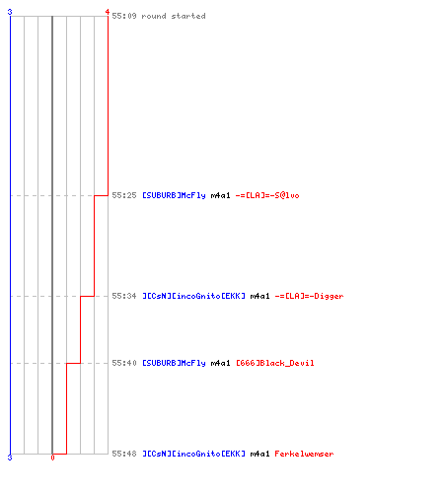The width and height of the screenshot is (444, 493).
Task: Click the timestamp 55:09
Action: (x=124, y=16)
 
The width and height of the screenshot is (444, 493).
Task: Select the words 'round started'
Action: (x=174, y=16)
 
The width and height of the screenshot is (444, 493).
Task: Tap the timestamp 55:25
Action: (x=124, y=195)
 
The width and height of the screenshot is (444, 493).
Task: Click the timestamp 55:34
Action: (x=124, y=296)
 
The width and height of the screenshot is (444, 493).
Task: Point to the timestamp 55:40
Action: (x=124, y=363)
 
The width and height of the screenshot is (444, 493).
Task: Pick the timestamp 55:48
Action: (x=124, y=454)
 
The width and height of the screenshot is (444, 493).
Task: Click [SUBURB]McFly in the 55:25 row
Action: (x=174, y=195)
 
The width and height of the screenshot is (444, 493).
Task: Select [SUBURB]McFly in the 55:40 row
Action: (x=174, y=363)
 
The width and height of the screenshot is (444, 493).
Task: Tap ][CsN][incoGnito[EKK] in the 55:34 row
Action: (x=193, y=296)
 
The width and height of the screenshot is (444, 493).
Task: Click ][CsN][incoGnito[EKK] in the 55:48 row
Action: (x=193, y=454)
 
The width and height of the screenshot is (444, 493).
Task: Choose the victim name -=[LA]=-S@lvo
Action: (x=267, y=195)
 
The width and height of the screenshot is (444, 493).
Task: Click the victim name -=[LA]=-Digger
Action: (x=309, y=296)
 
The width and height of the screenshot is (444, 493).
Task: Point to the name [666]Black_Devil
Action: (x=275, y=363)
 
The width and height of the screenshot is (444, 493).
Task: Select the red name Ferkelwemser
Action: (x=304, y=454)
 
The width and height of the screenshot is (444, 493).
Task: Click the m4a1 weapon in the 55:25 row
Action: (x=220, y=195)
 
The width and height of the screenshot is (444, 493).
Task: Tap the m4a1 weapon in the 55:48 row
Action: (x=259, y=454)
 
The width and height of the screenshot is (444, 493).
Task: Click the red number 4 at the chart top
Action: (x=108, y=12)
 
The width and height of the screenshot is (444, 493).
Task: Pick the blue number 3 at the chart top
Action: (x=10, y=12)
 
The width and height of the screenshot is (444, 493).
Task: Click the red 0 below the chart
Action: (x=52, y=458)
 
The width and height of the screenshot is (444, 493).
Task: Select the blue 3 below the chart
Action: (x=10, y=458)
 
